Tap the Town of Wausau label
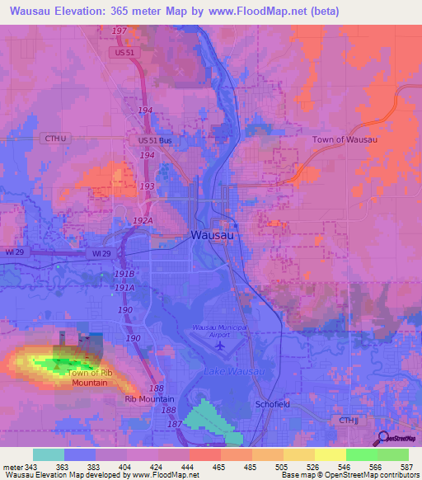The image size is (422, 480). pos(345,139)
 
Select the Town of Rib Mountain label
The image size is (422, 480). pos(88,378)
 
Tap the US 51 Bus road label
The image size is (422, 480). pos(155,141)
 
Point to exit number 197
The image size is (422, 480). pos(121,31)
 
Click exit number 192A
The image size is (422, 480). pos(143,221)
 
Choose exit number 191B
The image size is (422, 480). pos(124,272)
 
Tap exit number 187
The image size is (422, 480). pos(175,423)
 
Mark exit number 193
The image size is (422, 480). pos(147,186)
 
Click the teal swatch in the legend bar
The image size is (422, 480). pos(49,454)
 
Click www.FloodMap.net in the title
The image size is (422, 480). pos(263,10)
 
